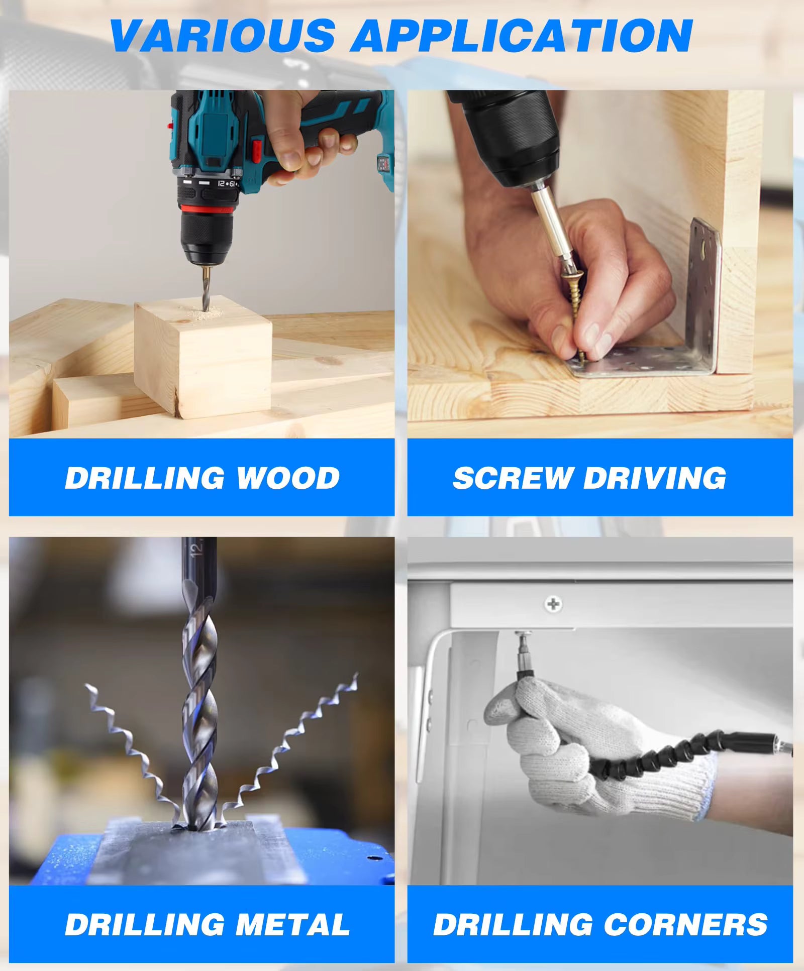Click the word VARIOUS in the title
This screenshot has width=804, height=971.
pos(222,36)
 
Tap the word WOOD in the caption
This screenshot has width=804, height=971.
pos(288,478)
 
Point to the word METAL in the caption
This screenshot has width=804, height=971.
pos(292,925)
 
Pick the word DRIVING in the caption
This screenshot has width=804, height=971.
pos(655,478)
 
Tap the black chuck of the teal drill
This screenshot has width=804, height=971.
pos(207,236)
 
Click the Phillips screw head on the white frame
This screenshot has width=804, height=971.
pos(553,603)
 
